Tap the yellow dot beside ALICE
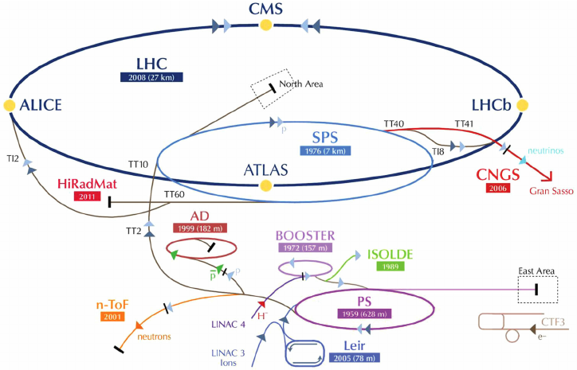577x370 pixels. tap(9, 105)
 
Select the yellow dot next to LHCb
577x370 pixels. tap(523, 105)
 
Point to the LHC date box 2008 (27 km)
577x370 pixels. tap(151, 77)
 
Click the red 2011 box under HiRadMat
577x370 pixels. tap(85, 196)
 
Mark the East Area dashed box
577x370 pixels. tap(537, 290)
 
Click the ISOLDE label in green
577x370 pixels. tap(390, 255)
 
